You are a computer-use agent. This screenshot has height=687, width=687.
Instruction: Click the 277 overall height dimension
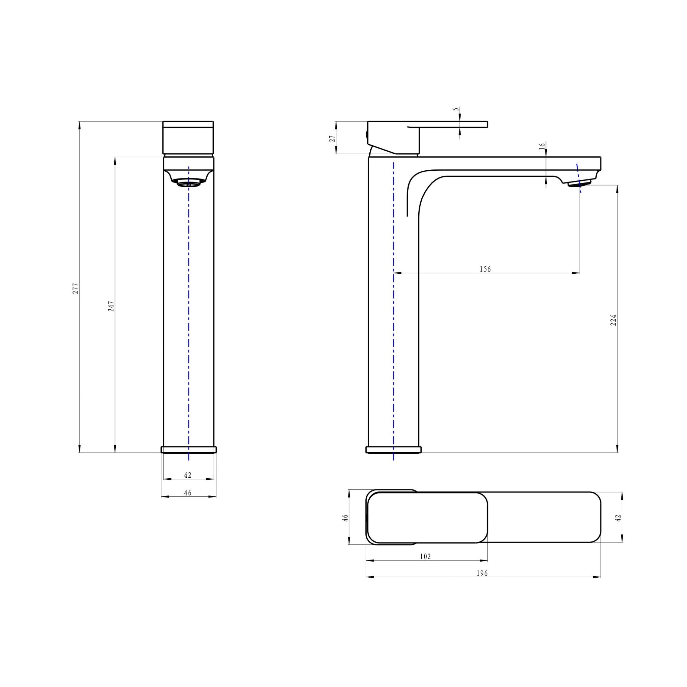click(75, 288)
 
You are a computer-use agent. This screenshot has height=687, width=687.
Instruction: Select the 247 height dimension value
click(111, 306)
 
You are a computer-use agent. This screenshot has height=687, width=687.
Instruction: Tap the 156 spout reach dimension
click(485, 269)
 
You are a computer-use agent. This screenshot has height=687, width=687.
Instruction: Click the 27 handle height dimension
click(332, 138)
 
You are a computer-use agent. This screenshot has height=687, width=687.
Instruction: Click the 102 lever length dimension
click(425, 557)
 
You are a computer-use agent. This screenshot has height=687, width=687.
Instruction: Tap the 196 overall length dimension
click(482, 573)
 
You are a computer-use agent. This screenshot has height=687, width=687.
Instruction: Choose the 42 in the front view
click(188, 475)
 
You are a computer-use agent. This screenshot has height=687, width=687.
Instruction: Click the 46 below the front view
click(188, 493)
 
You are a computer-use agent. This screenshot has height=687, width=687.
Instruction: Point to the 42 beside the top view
click(618, 518)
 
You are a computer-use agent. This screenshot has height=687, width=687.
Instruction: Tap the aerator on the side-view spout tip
click(579, 183)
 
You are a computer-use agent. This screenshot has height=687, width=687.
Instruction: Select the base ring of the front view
click(189, 450)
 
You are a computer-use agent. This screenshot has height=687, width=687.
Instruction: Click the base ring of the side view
click(393, 450)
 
